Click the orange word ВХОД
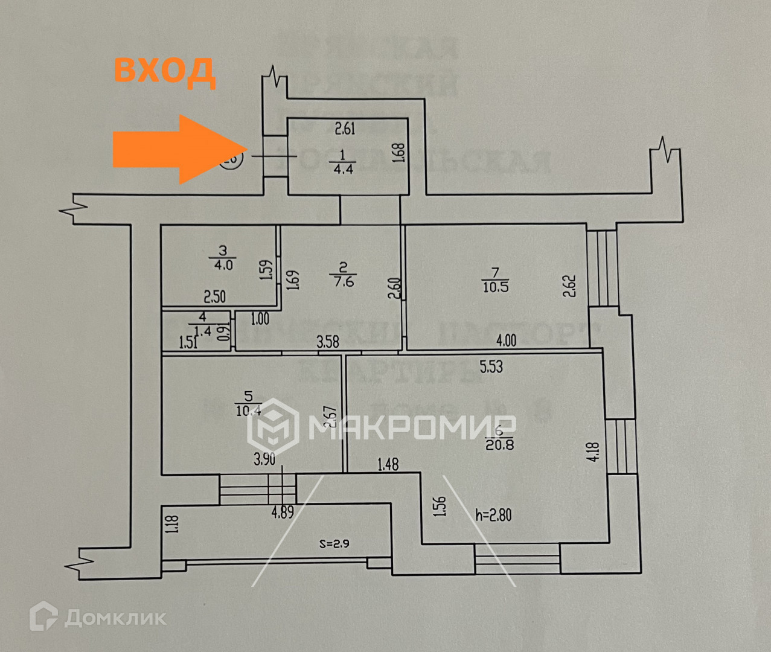pyautogui.click(x=164, y=70)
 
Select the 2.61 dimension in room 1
pyautogui.click(x=345, y=128)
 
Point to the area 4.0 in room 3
pyautogui.click(x=222, y=264)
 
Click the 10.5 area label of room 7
pyautogui.click(x=495, y=287)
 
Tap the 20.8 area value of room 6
pyautogui.click(x=499, y=445)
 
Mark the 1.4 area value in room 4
pyautogui.click(x=203, y=330)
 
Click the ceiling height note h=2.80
pyautogui.click(x=493, y=515)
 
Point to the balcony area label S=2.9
pyautogui.click(x=334, y=543)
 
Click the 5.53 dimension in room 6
pyautogui.click(x=491, y=366)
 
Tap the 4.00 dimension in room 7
pyautogui.click(x=505, y=340)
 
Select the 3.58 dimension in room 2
pyautogui.click(x=328, y=343)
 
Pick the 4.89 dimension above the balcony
pyautogui.click(x=282, y=513)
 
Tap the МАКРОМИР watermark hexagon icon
pyautogui.click(x=273, y=427)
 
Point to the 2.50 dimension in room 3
pyautogui.click(x=214, y=296)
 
